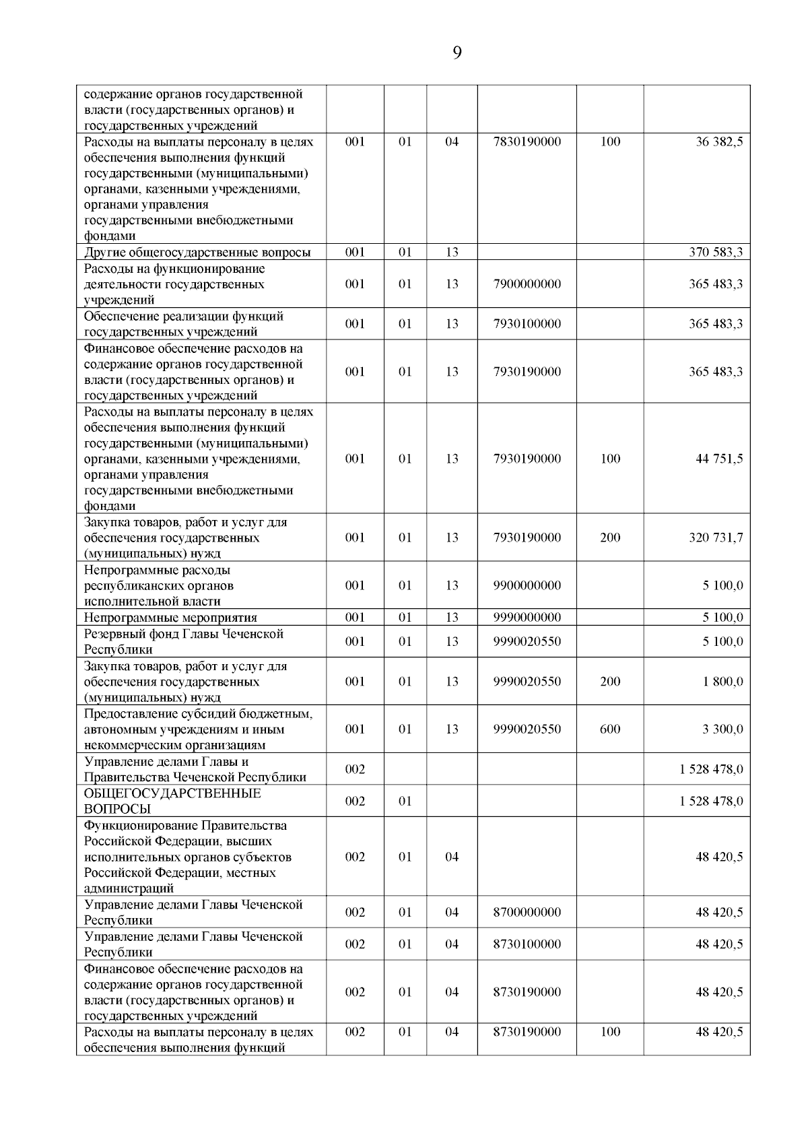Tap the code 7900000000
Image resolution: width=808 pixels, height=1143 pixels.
coord(527,284)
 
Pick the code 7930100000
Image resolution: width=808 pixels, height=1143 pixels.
coord(527,324)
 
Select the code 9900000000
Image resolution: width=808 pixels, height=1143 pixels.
coord(527,585)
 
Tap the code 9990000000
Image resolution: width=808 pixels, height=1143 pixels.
coord(527,618)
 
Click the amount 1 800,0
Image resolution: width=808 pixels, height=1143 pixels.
coord(723,682)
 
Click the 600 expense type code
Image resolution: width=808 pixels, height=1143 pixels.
coord(610,729)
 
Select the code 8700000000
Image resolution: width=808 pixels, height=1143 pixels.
coord(527,913)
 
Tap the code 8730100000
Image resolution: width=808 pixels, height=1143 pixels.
coord(527,944)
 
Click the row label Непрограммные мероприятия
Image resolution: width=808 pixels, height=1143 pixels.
coord(170,618)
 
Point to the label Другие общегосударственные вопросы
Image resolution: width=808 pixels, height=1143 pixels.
coord(197,253)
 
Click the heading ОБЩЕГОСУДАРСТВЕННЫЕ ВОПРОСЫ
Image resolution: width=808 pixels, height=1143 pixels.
coord(172,801)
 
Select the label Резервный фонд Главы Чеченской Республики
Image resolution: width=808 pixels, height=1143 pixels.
coord(184,641)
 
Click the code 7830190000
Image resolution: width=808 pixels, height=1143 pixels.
coord(527,142)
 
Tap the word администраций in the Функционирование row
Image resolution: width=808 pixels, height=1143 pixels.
coord(129,888)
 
